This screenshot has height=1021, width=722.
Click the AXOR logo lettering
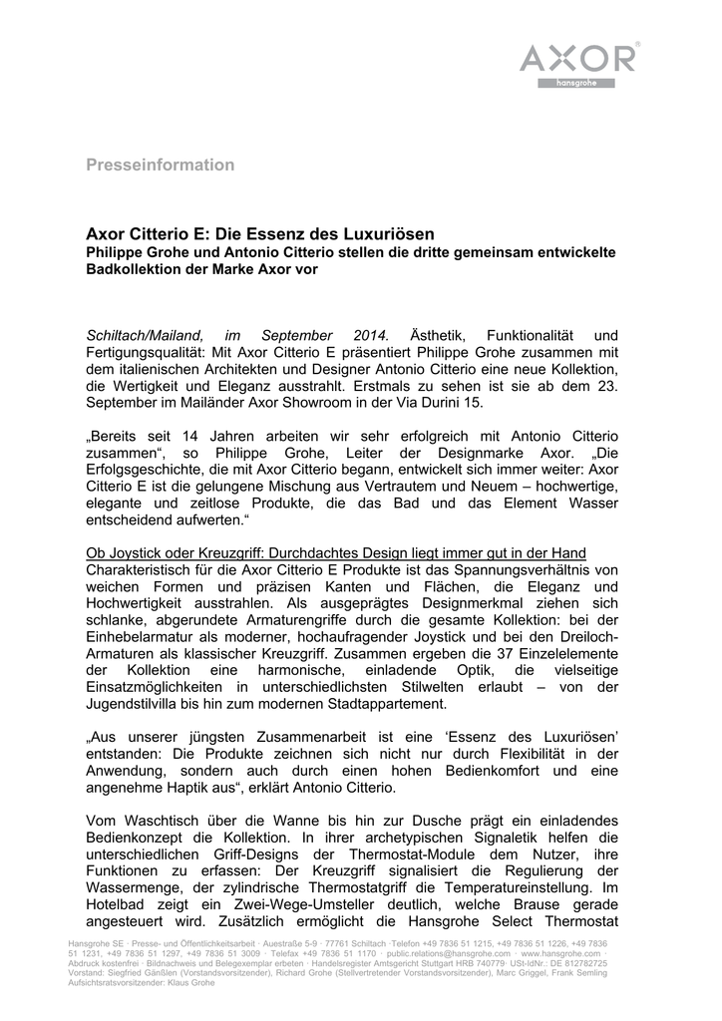click(x=577, y=58)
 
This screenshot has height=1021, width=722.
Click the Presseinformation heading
click(x=160, y=165)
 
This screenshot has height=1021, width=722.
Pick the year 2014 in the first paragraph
click(x=370, y=333)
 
